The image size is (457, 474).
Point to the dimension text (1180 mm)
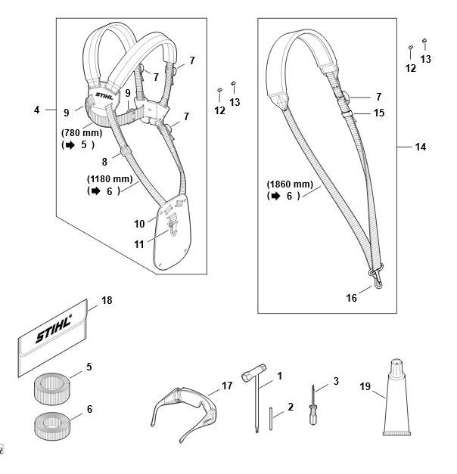point(110,179)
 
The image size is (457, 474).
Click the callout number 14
point(421,147)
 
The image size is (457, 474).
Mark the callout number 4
point(36,110)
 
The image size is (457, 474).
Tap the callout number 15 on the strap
point(379,113)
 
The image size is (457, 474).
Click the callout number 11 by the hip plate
point(138,244)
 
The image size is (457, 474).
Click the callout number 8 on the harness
point(105,160)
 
